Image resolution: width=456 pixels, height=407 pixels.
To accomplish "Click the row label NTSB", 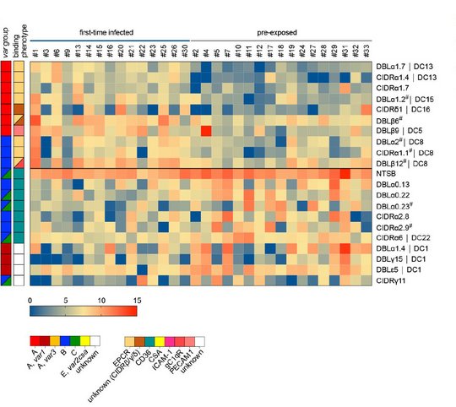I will click(x=387, y=173).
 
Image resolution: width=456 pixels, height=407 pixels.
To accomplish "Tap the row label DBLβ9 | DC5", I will click(x=399, y=130).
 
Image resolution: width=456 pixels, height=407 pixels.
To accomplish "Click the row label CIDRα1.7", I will click(x=394, y=87).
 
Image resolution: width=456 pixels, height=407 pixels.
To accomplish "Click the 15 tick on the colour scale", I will click(x=135, y=300).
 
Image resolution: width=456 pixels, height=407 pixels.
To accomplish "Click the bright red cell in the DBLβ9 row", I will click(x=204, y=130).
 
